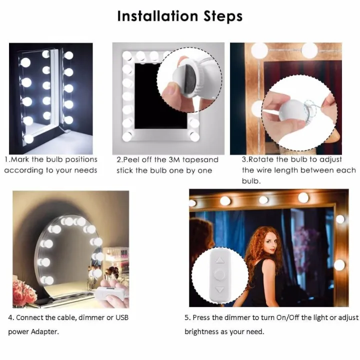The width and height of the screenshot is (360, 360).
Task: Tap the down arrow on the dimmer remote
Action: tap(219, 289)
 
